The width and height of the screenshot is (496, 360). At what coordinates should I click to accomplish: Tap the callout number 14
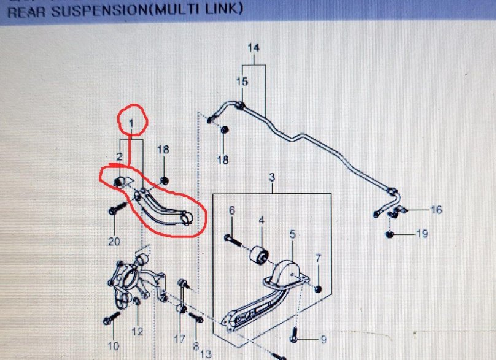click(x=254, y=48)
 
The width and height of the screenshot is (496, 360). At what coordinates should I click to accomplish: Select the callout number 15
click(x=242, y=82)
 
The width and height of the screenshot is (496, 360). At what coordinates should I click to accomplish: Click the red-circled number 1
click(x=131, y=124)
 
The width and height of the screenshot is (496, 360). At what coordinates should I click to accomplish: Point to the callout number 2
click(x=119, y=156)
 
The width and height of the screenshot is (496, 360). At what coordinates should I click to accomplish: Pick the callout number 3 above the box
click(x=272, y=177)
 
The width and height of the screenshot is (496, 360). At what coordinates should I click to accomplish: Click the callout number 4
click(x=262, y=220)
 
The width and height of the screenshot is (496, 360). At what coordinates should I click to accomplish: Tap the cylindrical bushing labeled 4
click(x=260, y=255)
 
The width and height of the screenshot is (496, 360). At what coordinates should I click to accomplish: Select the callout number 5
click(x=293, y=234)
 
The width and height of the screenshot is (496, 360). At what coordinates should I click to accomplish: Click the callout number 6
click(x=232, y=210)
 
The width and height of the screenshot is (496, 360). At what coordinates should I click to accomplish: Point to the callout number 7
click(x=318, y=258)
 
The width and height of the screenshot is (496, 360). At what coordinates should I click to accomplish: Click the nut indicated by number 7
click(x=319, y=289)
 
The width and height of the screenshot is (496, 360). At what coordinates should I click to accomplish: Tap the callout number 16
click(x=436, y=210)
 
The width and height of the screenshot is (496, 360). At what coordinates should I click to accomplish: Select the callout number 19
click(x=422, y=234)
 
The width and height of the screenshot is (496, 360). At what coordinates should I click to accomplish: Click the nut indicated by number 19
click(x=389, y=234)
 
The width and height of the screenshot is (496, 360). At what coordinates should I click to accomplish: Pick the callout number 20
click(x=114, y=242)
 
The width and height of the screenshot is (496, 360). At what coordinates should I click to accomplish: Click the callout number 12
click(x=138, y=332)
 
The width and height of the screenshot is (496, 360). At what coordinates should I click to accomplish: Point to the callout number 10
click(x=113, y=346)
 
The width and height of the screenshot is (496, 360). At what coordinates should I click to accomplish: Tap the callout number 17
click(x=179, y=340)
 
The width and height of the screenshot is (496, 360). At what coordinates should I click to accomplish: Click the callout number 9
click(x=324, y=340)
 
